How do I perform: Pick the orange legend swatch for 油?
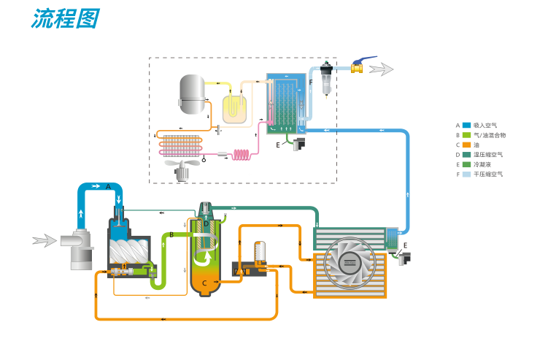pyautogui.click(x=466, y=145)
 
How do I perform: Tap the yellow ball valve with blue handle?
pyautogui.click(x=358, y=67)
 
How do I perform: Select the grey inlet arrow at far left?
pyautogui.click(x=45, y=240)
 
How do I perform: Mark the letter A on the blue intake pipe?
pyautogui.click(x=108, y=187)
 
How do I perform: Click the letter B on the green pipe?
pyautogui.click(x=171, y=234)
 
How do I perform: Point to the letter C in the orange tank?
pyautogui.click(x=205, y=283)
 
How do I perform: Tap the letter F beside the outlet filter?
pyautogui.click(x=310, y=83)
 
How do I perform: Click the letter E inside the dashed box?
pyautogui.click(x=278, y=145)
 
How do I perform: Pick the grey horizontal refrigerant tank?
pyautogui.click(x=193, y=93)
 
